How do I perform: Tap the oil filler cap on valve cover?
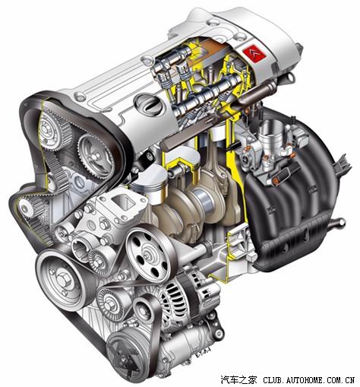149,103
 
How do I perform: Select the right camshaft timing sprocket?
94,156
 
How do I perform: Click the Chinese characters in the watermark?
238,379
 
